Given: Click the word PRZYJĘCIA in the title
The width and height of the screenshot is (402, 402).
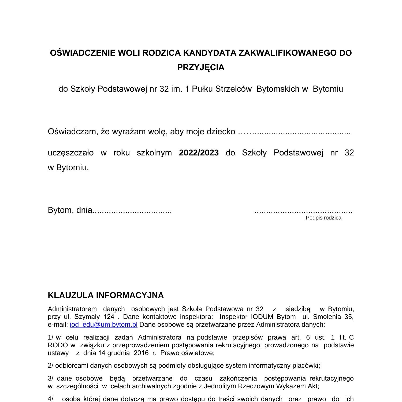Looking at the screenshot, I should coord(201,67).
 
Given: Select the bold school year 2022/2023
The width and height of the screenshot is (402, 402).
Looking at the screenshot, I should coord(199,153).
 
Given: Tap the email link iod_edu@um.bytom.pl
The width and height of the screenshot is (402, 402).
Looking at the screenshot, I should coord(103,325).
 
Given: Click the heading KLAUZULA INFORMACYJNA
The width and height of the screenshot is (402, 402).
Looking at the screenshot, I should coord(106,295).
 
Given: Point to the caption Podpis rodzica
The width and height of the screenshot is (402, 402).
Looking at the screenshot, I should coord(323,218).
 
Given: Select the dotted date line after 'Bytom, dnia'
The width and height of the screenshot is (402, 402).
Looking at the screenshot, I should coord(132,211).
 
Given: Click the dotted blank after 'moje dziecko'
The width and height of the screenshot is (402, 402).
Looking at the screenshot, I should coord(294,132).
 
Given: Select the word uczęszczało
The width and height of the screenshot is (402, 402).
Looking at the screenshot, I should coord(71,153).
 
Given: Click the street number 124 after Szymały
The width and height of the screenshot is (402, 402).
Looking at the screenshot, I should coord(109,317).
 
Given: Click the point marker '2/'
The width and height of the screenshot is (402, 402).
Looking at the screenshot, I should coord(51,366).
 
